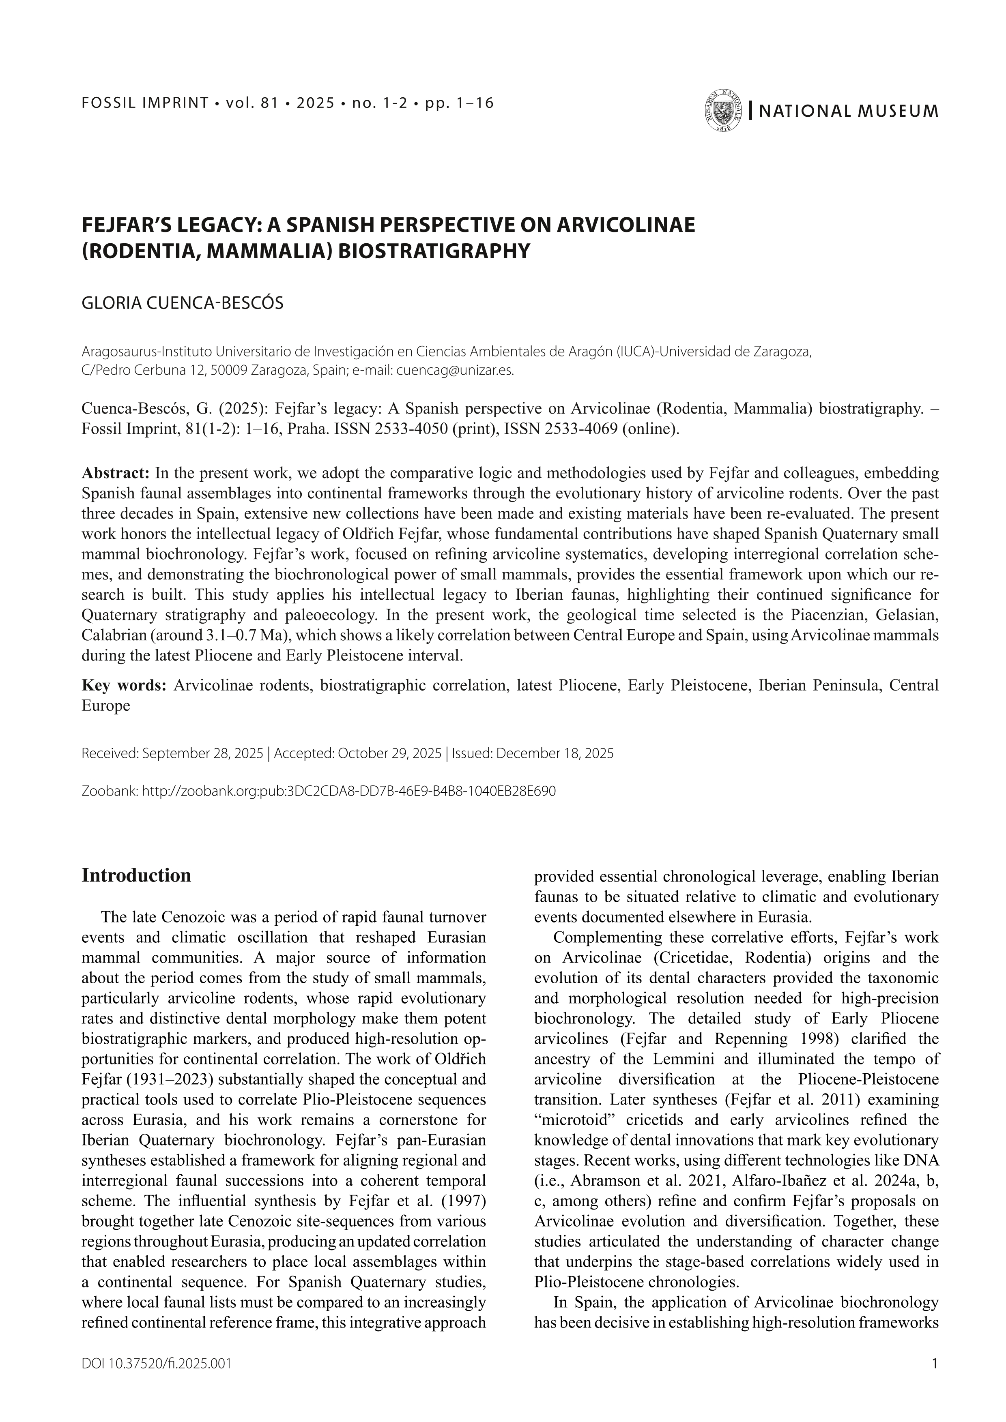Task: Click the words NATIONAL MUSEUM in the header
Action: (x=848, y=112)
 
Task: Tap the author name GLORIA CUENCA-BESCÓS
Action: (x=182, y=303)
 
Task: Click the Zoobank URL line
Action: (x=318, y=791)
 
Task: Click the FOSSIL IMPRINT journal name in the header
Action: (x=146, y=103)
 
